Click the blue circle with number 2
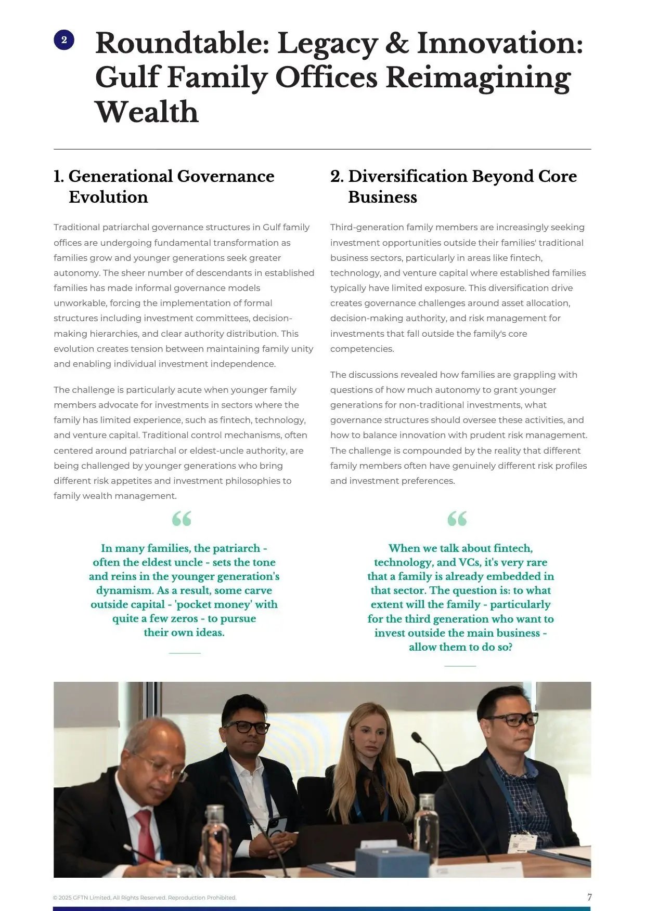pos(64,40)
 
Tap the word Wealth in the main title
pos(147,112)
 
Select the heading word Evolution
pos(108,197)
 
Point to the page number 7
pos(589,897)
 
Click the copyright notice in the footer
pos(145,897)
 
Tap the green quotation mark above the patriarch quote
pos(182,518)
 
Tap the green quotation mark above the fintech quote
pos(457,518)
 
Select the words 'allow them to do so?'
pos(460,647)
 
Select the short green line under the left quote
pos(185,653)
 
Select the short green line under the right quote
pos(460,666)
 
